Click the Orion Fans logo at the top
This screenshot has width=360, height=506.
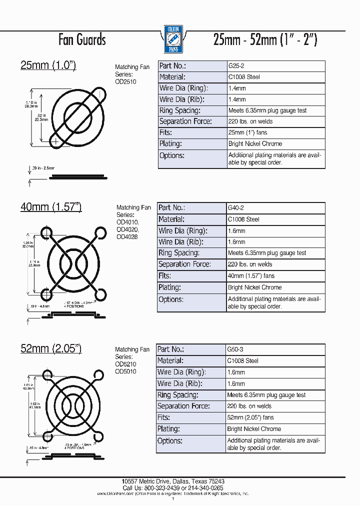173,39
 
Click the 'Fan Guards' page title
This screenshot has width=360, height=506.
82,39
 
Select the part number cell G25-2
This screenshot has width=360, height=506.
236,66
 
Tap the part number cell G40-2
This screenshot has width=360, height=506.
236,207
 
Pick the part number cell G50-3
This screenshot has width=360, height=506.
236,349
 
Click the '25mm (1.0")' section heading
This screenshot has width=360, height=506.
48,65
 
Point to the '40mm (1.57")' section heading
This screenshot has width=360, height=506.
50,206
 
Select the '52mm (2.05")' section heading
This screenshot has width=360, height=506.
50,348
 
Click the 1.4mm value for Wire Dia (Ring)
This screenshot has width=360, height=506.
237,88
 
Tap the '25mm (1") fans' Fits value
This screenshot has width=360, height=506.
247,132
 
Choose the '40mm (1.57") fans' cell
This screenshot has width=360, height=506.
251,275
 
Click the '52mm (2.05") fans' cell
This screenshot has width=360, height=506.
250,417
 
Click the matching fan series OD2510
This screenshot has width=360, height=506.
125,81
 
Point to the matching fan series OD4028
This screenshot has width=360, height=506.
127,236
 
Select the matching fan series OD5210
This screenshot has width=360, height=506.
125,364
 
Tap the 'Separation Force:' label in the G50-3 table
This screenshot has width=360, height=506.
183,406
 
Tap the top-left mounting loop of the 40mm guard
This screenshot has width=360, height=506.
46,232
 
